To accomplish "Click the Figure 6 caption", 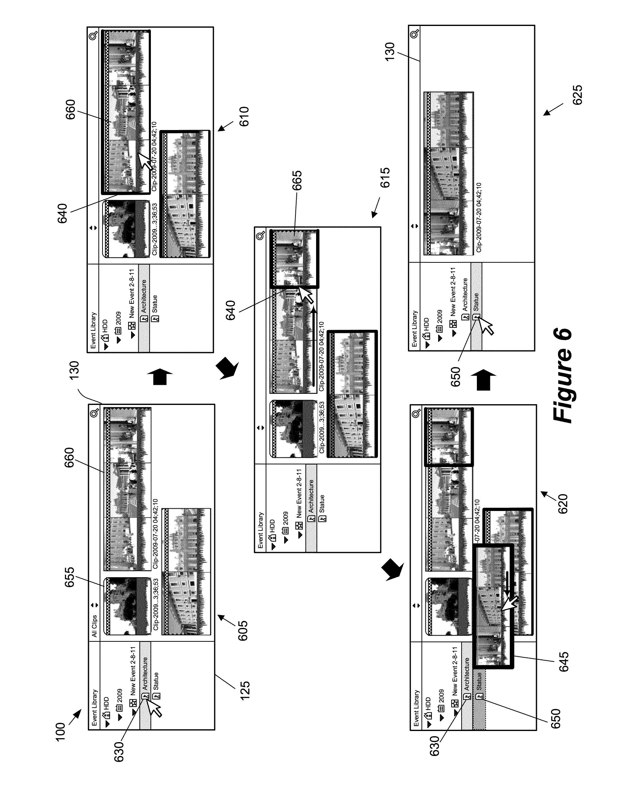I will [x=562, y=374].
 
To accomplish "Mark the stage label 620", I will [x=563, y=504].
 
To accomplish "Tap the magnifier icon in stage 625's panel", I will [x=415, y=34].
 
